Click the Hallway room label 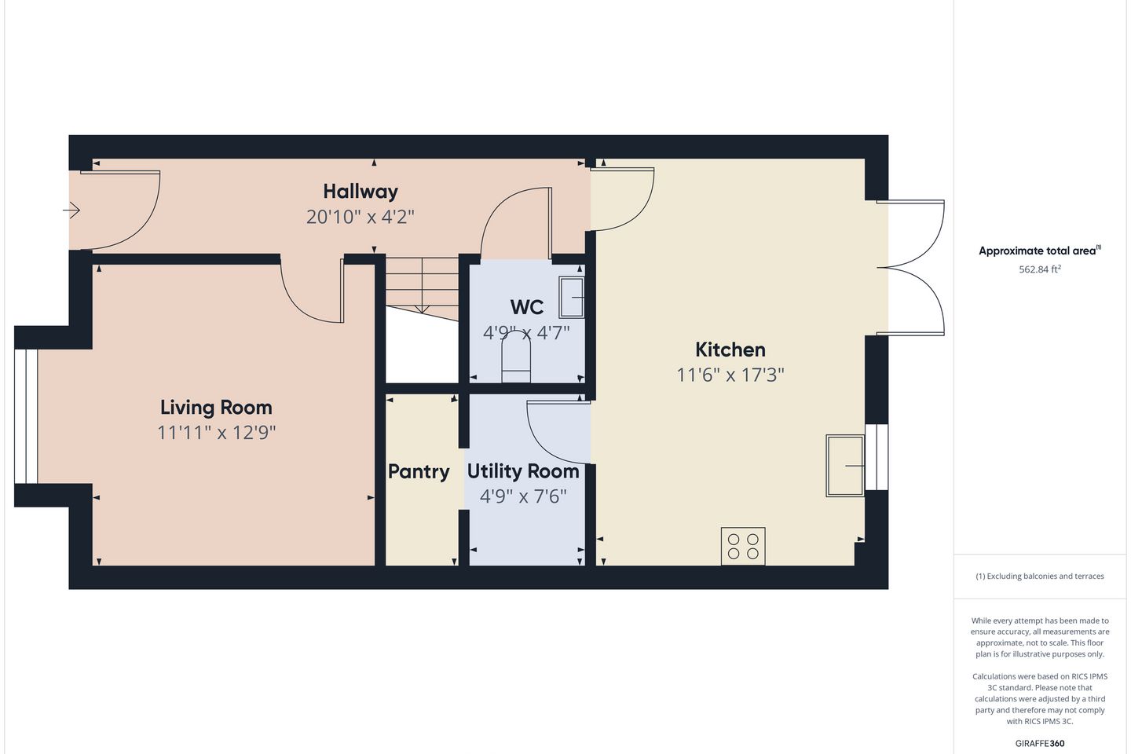(361, 192)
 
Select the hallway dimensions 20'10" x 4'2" (361, 217)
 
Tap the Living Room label (216, 407)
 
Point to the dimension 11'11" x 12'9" (217, 433)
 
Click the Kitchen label (730, 350)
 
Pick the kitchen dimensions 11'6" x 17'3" (730, 375)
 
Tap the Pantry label (419, 472)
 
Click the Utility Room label (523, 471)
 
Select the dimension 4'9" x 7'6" (523, 497)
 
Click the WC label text (526, 307)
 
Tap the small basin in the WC (572, 298)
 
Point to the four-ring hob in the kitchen (743, 547)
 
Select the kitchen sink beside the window (845, 466)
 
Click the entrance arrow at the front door (71, 210)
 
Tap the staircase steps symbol (422, 288)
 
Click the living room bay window (25, 416)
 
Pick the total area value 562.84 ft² (1040, 269)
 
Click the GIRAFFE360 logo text (1040, 743)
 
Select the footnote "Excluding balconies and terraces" (1045, 576)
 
